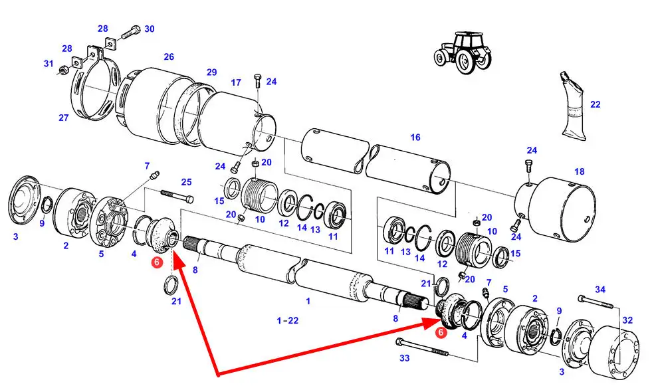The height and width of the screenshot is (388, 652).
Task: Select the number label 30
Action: [150, 29]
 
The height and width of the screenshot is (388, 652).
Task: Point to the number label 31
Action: [48, 64]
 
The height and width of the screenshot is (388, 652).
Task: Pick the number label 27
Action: [64, 118]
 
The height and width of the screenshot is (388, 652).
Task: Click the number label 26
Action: [169, 56]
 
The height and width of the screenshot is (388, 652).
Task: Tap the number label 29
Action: [212, 72]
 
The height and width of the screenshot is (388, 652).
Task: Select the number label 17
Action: [235, 83]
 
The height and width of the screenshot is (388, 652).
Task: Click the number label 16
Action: [415, 138]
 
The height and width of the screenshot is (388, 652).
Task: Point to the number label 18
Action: [580, 172]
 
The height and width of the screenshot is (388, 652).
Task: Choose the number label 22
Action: [595, 104]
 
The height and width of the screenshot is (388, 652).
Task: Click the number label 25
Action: [186, 183]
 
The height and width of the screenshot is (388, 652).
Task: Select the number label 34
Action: [600, 290]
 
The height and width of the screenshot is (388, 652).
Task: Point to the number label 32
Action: [628, 319]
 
